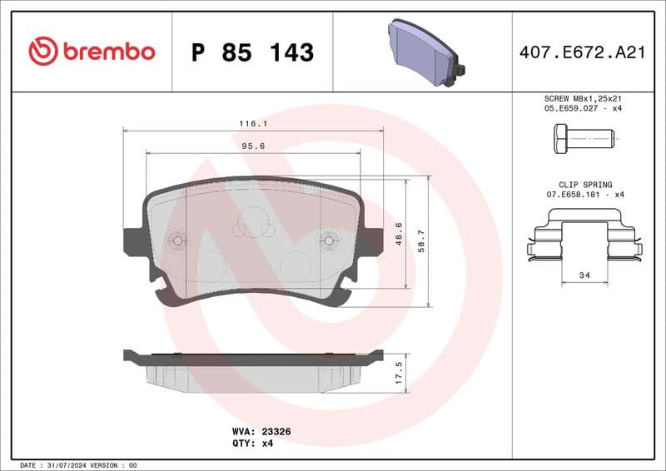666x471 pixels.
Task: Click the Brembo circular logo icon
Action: [42, 52]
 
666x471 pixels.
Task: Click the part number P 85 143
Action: [252, 52]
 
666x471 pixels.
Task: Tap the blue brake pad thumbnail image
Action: [425, 52]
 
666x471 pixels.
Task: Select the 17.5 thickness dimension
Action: [399, 371]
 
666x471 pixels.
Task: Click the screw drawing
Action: [583, 137]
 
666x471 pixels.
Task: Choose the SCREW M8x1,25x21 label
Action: [583, 97]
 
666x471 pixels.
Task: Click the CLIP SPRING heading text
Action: [585, 184]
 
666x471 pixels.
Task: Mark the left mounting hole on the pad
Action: [178, 241]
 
